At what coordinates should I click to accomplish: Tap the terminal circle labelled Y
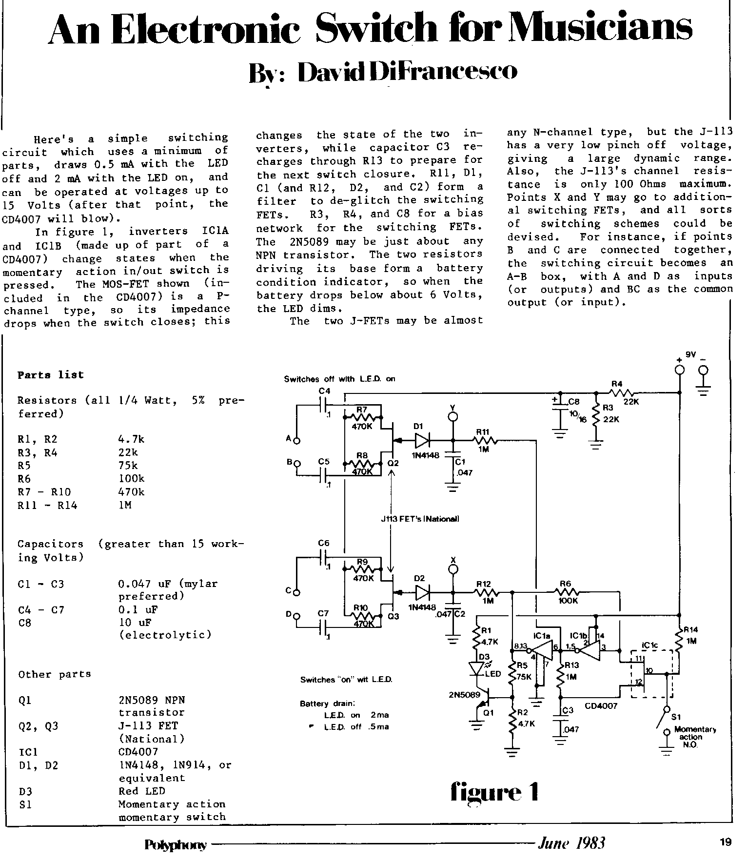453,417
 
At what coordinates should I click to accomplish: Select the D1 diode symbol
422,441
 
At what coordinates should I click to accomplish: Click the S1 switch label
676,717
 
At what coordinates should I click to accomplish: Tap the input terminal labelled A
296,441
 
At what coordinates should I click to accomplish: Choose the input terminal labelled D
296,616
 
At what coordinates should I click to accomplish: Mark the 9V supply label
691,355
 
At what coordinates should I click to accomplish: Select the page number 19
725,841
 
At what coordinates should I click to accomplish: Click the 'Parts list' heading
50,375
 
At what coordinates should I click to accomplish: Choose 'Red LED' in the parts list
142,791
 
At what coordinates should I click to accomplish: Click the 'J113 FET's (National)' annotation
420,519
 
